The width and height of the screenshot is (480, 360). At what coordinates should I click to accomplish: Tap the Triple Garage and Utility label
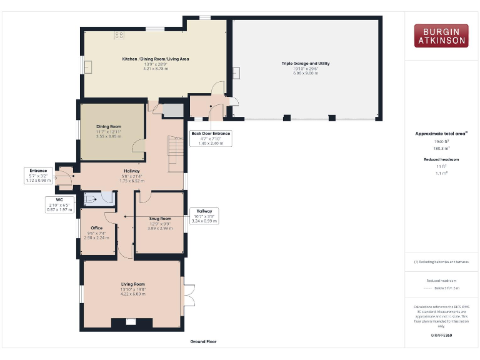306,64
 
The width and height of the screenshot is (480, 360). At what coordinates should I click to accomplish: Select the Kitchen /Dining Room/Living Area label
156,59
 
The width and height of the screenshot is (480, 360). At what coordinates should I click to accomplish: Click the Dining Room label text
109,127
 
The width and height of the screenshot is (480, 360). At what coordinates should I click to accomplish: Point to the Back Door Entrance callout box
211,138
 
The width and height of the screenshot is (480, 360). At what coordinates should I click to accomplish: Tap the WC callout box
61,205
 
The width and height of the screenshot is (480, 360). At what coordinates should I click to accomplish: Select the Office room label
96,228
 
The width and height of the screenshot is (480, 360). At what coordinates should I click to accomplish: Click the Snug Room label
160,219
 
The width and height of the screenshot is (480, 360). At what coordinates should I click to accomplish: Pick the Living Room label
133,285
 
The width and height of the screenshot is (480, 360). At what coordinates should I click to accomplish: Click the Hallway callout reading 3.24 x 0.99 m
204,216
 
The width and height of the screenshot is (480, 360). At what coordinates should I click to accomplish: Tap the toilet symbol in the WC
91,198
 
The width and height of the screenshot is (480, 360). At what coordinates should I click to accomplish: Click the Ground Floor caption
204,342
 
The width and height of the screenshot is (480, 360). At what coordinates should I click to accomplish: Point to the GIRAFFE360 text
441,336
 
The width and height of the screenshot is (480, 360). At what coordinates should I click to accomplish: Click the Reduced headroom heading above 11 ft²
441,159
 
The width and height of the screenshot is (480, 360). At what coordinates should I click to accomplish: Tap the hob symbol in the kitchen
118,36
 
